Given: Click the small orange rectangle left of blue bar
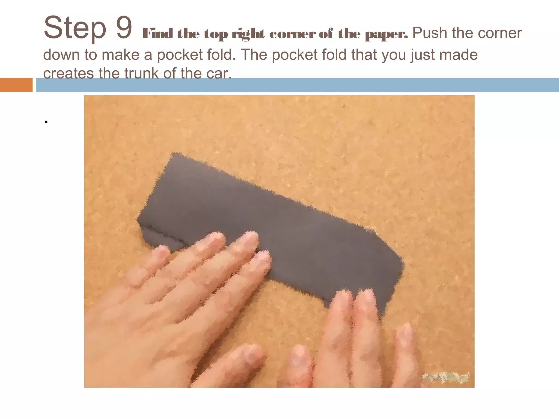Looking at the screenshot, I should (x=16, y=85).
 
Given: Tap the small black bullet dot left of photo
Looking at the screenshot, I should (x=46, y=122).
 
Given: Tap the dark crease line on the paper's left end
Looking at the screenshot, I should (x=164, y=235).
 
